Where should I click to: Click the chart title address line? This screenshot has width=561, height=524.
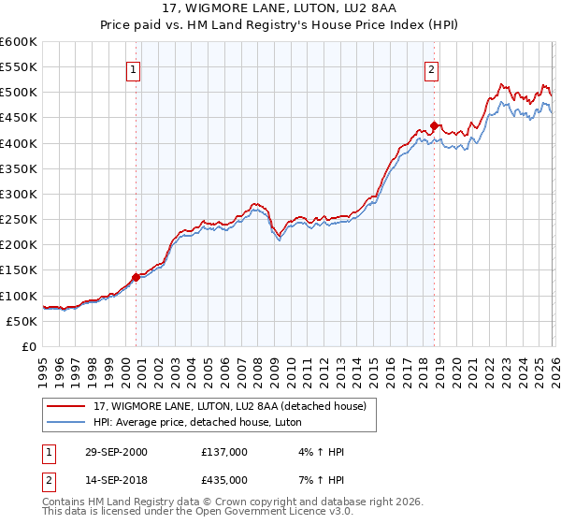coord(280,8)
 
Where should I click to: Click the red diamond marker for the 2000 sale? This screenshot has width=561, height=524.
coord(137,277)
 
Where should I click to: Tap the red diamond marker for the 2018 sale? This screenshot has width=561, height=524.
coord(435,125)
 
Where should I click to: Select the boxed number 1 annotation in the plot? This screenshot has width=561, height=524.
coord(133,69)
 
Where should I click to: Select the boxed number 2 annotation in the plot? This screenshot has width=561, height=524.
coord(431,69)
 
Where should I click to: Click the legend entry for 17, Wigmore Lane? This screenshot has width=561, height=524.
coord(235,406)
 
